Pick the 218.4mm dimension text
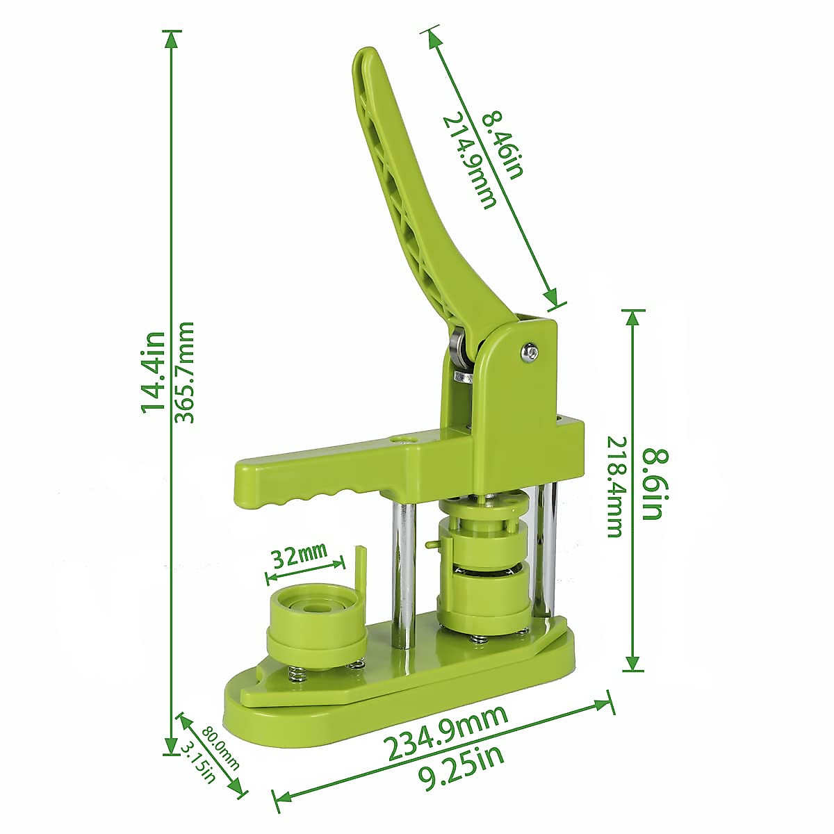click(x=614, y=486)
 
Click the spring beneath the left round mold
click(x=295, y=673)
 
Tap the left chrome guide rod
click(x=402, y=570)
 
